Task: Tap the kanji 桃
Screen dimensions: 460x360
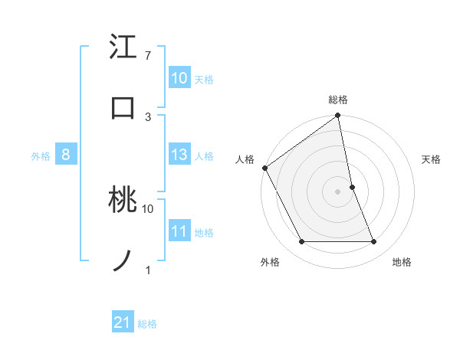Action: [123, 201]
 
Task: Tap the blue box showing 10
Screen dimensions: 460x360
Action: [179, 78]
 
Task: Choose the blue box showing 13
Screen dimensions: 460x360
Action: [179, 155]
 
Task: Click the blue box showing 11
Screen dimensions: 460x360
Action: [179, 231]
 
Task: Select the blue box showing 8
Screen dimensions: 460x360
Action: [66, 155]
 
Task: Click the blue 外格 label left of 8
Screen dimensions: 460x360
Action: [41, 156]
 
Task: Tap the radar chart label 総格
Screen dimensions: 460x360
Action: [338, 100]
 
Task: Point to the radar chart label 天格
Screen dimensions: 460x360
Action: [432, 159]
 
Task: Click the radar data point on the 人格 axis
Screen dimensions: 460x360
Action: [264, 168]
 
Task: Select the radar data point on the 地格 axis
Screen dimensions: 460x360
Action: [374, 242]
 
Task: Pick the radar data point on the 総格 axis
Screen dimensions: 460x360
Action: [338, 116]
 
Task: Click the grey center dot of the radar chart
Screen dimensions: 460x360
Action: [338, 191]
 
